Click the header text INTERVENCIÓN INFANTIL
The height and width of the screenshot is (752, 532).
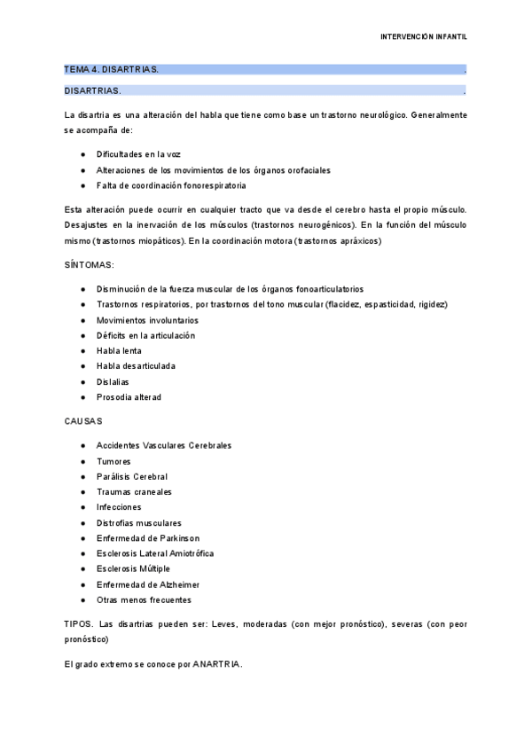(x=424, y=37)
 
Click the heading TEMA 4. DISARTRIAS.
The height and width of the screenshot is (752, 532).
(x=112, y=69)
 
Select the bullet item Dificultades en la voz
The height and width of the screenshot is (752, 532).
(x=138, y=153)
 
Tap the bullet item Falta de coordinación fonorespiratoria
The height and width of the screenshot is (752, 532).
(x=171, y=185)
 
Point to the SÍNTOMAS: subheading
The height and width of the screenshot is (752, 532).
(x=90, y=265)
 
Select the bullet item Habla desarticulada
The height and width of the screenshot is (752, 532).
(x=136, y=366)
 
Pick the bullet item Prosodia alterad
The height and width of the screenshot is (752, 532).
(x=129, y=397)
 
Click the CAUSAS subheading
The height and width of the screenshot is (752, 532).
(x=84, y=420)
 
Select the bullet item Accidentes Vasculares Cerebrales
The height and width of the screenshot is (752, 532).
(x=164, y=445)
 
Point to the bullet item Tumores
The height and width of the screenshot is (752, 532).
(x=113, y=461)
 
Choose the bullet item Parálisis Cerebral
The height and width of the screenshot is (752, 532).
(x=132, y=476)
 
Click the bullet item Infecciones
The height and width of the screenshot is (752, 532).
(x=119, y=507)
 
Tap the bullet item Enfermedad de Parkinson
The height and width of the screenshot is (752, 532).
(x=148, y=538)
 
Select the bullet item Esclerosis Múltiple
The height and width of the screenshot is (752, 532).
(x=133, y=568)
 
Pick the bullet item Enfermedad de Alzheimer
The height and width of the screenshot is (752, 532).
(x=148, y=584)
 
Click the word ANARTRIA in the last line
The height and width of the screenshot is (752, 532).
(x=216, y=663)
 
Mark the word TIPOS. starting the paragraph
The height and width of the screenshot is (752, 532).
(x=79, y=624)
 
